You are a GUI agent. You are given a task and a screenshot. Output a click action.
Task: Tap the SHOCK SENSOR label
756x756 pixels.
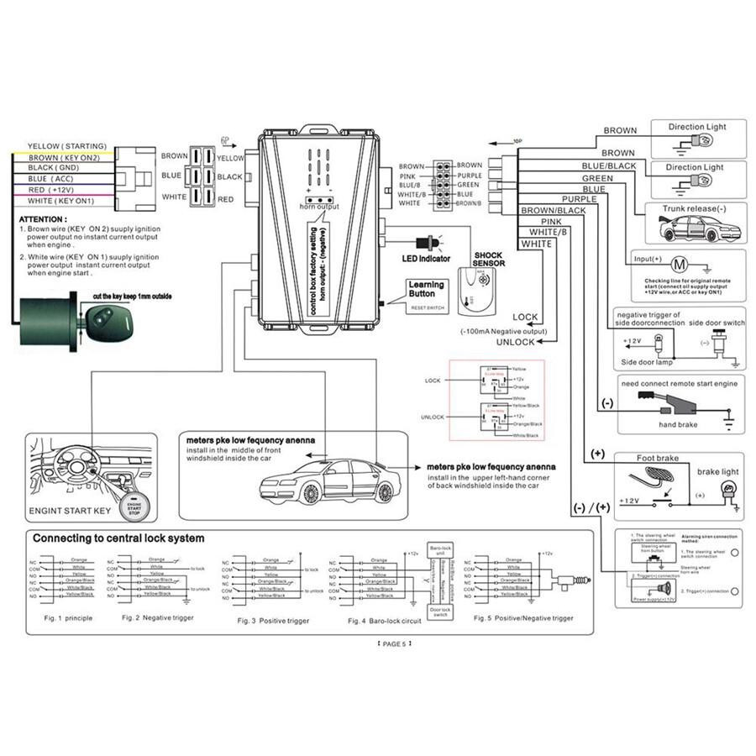click(x=488, y=260)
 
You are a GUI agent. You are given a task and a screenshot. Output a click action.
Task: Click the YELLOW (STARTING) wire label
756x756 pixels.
click(x=67, y=146)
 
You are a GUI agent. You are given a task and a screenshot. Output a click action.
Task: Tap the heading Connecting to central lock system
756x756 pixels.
click(x=118, y=538)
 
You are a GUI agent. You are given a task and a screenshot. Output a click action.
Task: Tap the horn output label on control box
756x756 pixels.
click(x=318, y=206)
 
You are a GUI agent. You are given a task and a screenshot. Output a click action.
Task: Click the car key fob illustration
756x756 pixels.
click(x=105, y=316)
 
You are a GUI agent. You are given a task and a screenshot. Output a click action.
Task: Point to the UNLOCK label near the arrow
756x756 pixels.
click(x=515, y=342)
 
